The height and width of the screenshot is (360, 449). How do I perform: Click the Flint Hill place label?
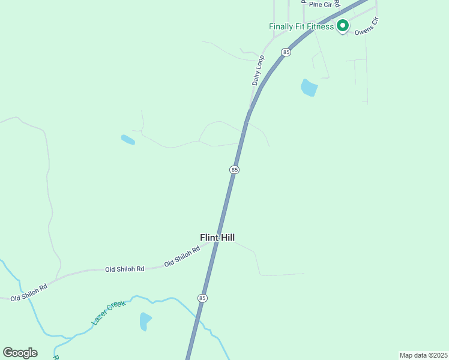(217, 238)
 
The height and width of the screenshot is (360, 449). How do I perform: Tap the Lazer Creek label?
(109, 313)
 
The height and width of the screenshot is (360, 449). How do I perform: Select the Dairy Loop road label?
(258, 71)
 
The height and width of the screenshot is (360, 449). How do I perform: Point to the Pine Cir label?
(320, 4)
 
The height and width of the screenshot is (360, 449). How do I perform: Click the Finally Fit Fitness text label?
(301, 27)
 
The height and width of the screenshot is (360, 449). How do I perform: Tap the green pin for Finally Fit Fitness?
(342, 26)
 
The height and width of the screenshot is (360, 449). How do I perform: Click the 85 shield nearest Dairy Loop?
(286, 52)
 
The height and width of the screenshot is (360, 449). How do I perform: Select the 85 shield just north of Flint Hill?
(234, 170)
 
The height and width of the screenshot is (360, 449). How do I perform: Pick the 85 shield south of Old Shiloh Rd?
(202, 298)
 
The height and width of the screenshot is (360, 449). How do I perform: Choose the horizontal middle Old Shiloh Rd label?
(124, 269)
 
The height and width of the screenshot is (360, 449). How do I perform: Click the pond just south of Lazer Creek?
(145, 321)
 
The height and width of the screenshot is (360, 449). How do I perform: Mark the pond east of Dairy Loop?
(309, 88)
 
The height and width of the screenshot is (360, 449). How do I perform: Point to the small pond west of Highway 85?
(128, 140)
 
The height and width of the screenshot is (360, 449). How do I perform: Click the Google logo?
(20, 352)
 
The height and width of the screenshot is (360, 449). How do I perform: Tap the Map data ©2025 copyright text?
(423, 355)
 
